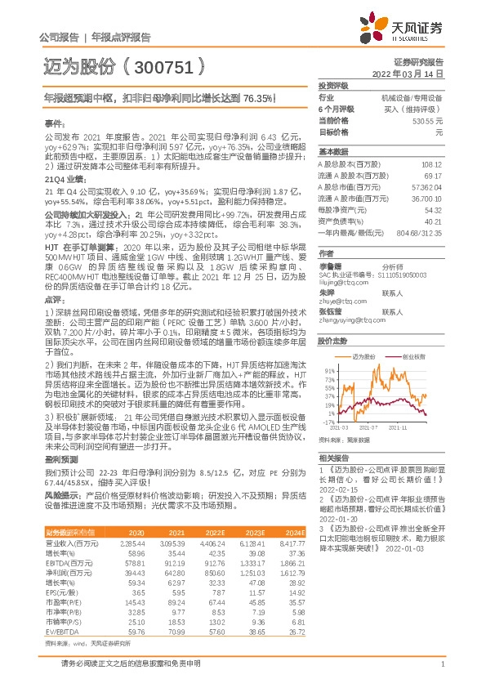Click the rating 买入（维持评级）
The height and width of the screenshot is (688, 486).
[x=414, y=108]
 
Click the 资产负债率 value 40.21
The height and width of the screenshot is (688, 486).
[x=434, y=221]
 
